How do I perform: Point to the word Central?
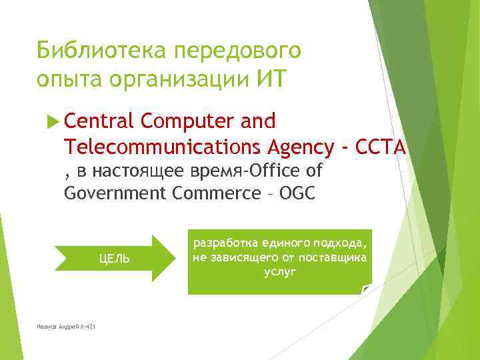coord(100,121)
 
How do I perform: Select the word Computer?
coord(187,121)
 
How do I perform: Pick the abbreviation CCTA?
coord(381,146)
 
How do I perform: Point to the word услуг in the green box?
coord(280,272)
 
